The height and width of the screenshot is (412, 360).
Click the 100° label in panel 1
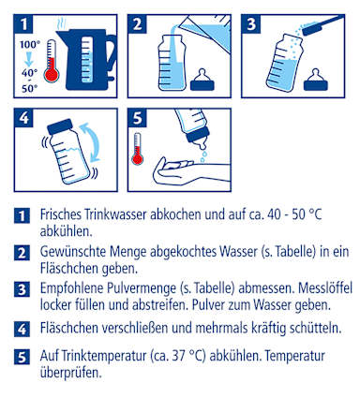pyautogui.click(x=30, y=45)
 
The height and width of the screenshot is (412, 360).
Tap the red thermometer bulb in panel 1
pyautogui.click(x=52, y=75)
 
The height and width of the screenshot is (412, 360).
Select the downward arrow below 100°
pyautogui.click(x=29, y=59)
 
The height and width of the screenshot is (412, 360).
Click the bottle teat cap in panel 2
pyautogui.click(x=202, y=81)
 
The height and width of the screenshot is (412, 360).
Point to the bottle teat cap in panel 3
pyautogui.click(x=316, y=81)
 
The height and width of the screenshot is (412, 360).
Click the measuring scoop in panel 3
pyautogui.click(x=322, y=24)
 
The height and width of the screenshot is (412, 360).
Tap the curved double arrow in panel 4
pyautogui.click(x=90, y=142)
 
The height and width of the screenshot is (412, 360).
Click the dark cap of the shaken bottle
pyautogui.click(x=60, y=126)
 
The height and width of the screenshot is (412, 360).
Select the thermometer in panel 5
pyautogui.click(x=137, y=149)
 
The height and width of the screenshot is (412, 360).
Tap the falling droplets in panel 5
pyautogui.click(x=203, y=156)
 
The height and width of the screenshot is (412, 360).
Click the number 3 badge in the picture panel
pyautogui.click(x=251, y=24)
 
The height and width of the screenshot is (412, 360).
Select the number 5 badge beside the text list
pyautogui.click(x=22, y=357)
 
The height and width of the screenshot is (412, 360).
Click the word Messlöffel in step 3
pyautogui.click(x=325, y=288)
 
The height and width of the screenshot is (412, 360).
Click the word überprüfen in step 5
pyautogui.click(x=71, y=373)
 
